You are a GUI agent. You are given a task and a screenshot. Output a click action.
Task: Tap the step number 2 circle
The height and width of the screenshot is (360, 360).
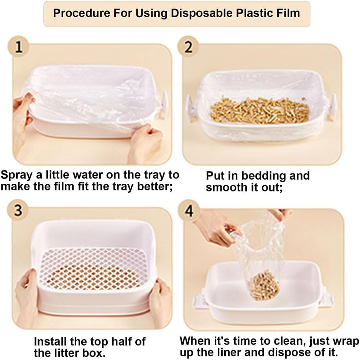(189, 48)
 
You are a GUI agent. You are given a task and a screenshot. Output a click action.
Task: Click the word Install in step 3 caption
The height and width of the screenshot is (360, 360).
(49, 341)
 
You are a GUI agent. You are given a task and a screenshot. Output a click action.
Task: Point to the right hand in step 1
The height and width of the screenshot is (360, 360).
(145, 142)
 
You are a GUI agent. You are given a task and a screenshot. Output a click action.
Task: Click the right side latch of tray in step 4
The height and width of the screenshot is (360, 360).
(326, 299)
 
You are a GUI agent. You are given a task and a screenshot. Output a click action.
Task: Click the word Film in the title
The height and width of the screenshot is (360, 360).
(286, 13)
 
